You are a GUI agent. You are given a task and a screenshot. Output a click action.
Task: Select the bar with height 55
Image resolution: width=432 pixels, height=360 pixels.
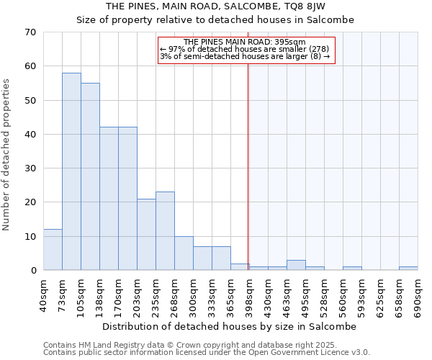(90, 176)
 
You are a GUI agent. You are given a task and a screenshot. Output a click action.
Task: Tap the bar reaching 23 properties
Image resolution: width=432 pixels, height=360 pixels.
(165, 230)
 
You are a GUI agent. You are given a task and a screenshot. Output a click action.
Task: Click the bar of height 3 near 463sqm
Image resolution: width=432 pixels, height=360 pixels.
(296, 265)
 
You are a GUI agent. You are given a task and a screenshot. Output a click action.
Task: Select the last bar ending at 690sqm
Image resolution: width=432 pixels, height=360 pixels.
(408, 268)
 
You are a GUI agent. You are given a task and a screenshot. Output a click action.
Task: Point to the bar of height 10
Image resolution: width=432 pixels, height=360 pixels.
(184, 253)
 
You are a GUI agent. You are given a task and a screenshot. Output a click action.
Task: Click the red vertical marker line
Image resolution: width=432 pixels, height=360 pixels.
(248, 166)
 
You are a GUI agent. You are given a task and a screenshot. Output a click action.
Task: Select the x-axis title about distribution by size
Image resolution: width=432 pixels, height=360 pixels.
(230, 326)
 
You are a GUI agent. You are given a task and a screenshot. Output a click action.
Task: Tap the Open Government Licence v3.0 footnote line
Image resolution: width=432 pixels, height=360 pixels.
(207, 353)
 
